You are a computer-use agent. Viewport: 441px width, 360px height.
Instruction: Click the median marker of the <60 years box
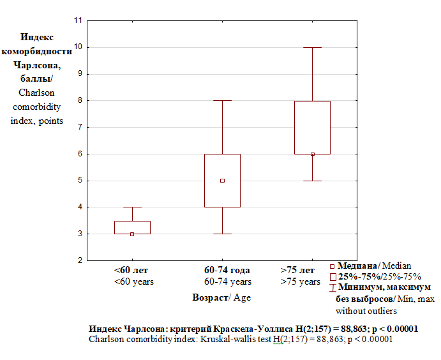(132, 234)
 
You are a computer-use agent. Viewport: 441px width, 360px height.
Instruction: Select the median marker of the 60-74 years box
(222, 181)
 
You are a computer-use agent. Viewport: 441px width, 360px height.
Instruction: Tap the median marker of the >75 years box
(313, 154)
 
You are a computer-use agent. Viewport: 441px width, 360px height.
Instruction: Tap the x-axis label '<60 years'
(134, 281)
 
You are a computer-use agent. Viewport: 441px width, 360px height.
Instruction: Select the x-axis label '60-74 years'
(227, 281)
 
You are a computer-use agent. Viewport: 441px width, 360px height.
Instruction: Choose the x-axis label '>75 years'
(301, 281)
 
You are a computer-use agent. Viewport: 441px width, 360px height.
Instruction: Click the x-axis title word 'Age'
(243, 297)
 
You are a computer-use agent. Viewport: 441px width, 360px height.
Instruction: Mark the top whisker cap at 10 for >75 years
(313, 47)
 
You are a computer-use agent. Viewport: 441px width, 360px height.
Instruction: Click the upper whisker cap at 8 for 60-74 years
(222, 101)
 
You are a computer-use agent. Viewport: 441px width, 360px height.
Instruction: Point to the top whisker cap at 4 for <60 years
(132, 207)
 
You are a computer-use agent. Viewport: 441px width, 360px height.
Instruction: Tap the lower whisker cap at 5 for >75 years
(313, 181)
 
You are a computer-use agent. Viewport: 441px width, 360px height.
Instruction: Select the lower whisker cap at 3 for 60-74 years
(222, 234)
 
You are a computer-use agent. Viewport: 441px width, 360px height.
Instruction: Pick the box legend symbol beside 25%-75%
(333, 277)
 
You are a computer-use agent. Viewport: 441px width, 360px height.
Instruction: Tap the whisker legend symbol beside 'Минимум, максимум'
(332, 288)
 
